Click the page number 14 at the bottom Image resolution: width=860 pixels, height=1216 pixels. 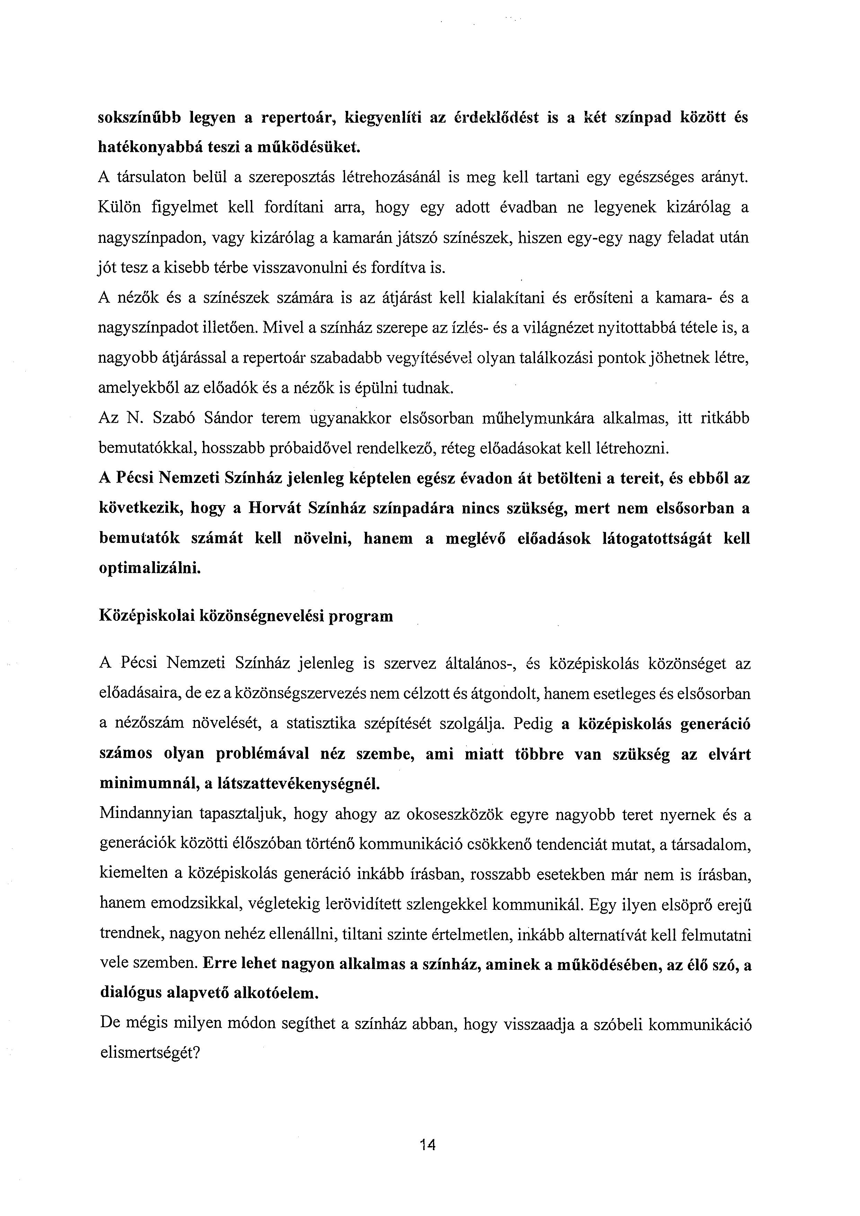427,1145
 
